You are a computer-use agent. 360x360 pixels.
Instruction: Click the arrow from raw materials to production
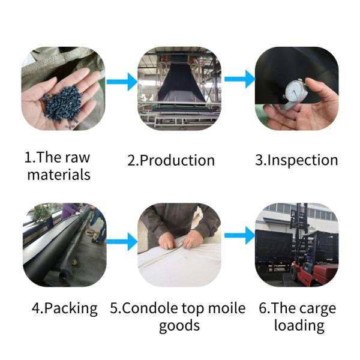pyautogui.click(x=122, y=82)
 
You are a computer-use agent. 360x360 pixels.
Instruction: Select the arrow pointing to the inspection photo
pyautogui.click(x=239, y=79)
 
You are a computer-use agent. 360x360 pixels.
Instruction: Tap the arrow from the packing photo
pyautogui.click(x=122, y=242)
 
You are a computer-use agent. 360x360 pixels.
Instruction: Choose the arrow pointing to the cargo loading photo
pyautogui.click(x=239, y=235)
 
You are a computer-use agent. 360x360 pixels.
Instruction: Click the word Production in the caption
pyautogui.click(x=177, y=160)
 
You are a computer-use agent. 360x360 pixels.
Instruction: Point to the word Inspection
pyautogui.click(x=302, y=160)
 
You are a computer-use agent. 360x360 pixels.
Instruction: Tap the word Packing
pyautogui.click(x=71, y=308)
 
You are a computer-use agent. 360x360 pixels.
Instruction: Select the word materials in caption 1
pyautogui.click(x=59, y=175)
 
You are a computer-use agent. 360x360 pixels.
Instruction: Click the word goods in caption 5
pyautogui.click(x=179, y=326)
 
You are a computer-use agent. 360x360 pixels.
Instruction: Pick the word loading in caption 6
pyautogui.click(x=299, y=326)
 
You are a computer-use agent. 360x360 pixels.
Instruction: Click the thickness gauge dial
pyautogui.click(x=296, y=91)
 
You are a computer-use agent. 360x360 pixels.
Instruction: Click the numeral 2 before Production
pyautogui.click(x=132, y=160)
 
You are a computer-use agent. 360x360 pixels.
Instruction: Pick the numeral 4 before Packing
pyautogui.click(x=37, y=308)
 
